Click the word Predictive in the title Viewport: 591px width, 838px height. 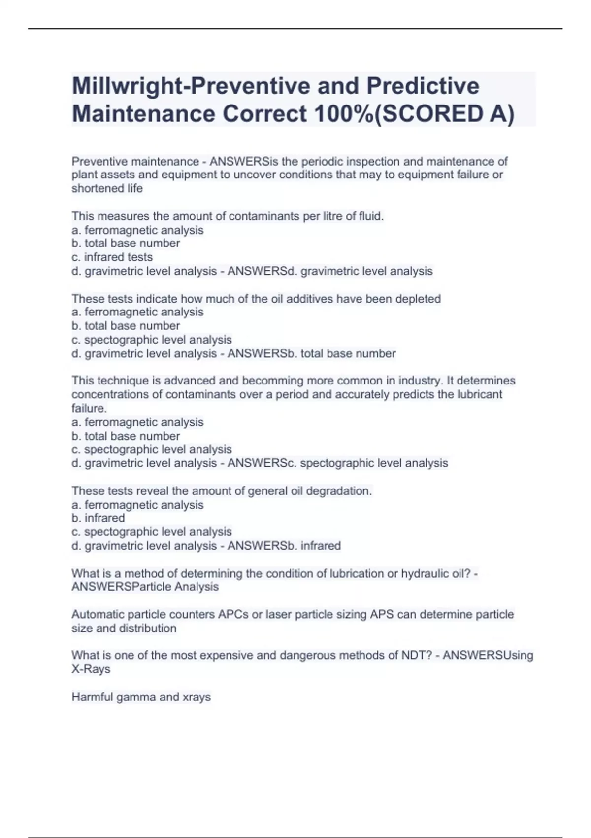[x=423, y=86]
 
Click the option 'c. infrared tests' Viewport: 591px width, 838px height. [x=112, y=257]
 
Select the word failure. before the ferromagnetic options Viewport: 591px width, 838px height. [x=89, y=408]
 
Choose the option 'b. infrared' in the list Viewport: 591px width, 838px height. [x=98, y=518]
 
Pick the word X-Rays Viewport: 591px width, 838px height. [x=91, y=669]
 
